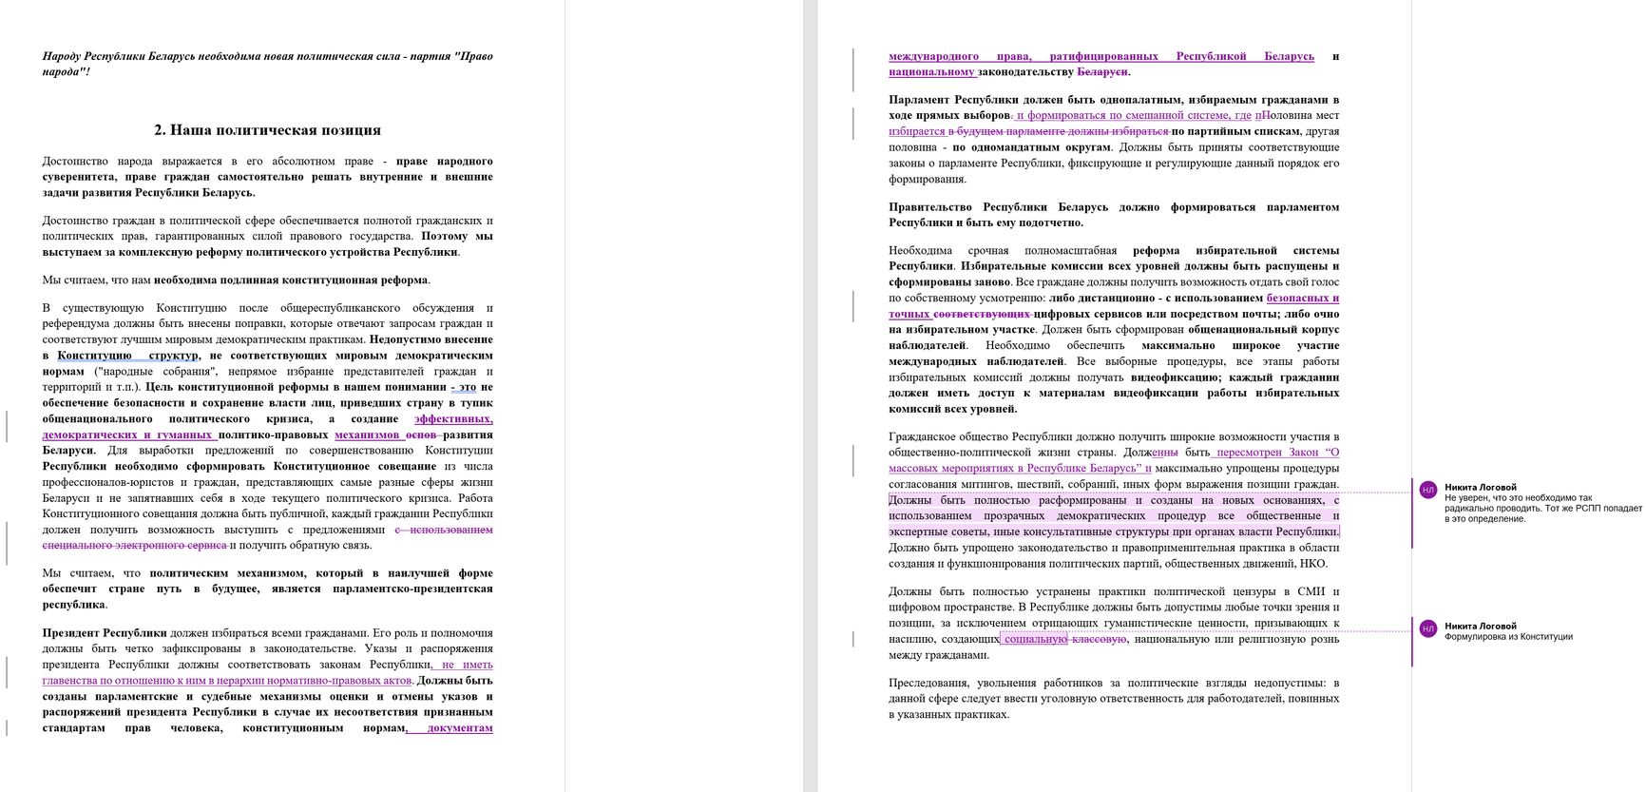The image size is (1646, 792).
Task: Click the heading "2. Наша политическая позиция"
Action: pyautogui.click(x=267, y=130)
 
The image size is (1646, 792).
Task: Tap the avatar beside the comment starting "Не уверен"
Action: pyautogui.click(x=1427, y=490)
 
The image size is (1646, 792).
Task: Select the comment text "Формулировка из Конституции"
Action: pyautogui.click(x=1508, y=637)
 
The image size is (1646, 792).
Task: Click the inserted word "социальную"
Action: pyautogui.click(x=1036, y=639)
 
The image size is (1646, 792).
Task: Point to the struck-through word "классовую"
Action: pyautogui.click(x=1100, y=639)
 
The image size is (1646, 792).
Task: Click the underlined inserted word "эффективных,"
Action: pyautogui.click(x=453, y=418)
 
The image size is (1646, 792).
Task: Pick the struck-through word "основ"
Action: pyautogui.click(x=421, y=435)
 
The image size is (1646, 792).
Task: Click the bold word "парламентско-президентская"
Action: pyautogui.click(x=412, y=589)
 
